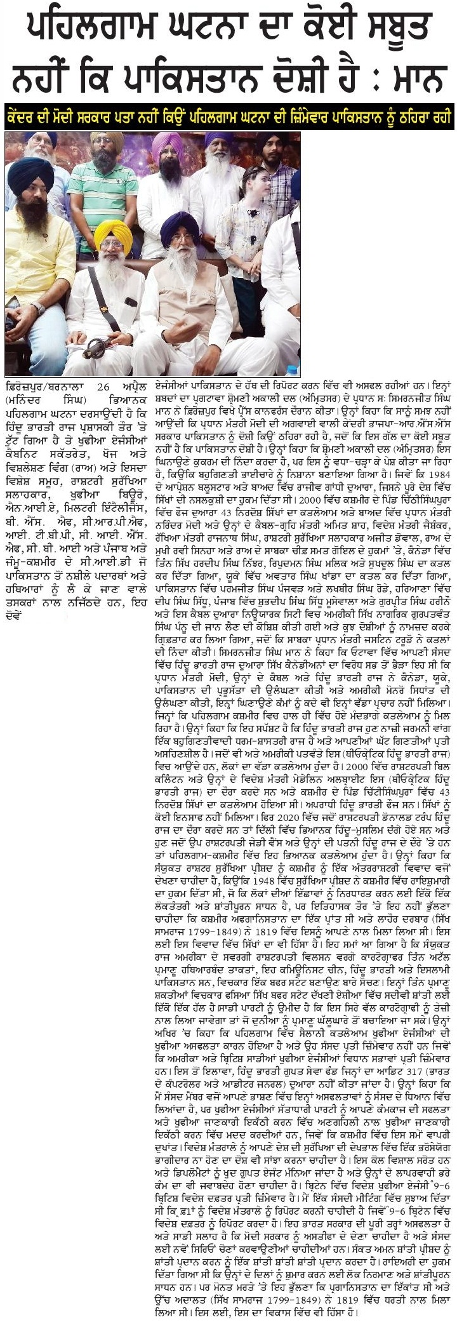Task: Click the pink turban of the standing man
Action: tap(166, 144)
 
